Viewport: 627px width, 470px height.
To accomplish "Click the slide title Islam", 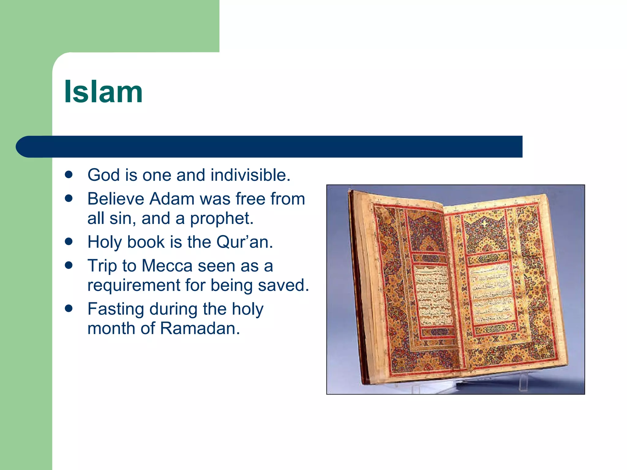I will coord(103,92).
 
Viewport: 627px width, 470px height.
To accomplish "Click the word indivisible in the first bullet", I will coord(250,175).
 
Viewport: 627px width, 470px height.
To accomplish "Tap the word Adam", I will coord(171,199).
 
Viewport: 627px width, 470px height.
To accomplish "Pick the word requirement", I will coord(134,285).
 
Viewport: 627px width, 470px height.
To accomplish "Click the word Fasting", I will coord(116,309).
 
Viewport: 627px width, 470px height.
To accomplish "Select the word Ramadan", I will coord(200,329).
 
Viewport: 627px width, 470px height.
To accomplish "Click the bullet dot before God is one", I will coord(69,175).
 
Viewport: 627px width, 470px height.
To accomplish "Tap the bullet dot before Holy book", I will coord(69,242).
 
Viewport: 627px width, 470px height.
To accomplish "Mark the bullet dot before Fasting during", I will coord(69,308).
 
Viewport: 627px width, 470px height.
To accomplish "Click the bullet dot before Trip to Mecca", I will coord(69,265).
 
